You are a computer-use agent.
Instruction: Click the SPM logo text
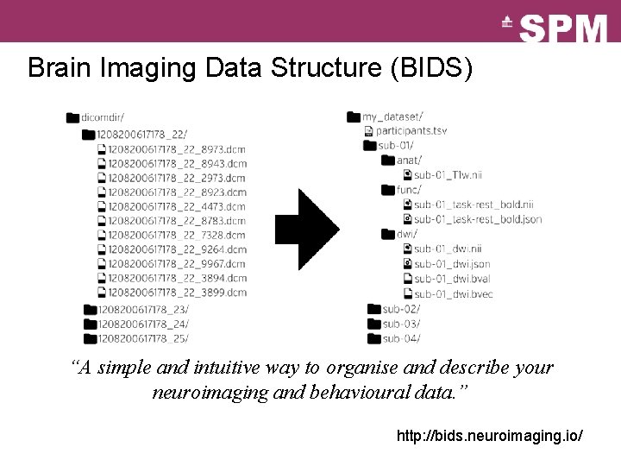tap(564, 28)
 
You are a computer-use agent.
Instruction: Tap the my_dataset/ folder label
tap(392, 116)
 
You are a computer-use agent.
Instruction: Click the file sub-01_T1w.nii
tap(447, 174)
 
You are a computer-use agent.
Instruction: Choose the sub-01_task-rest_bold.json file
tap(478, 219)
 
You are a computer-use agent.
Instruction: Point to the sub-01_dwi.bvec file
tap(454, 293)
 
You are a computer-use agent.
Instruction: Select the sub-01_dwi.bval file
tap(453, 279)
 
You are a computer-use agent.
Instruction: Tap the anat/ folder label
tap(409, 160)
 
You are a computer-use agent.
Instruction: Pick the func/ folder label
tap(409, 189)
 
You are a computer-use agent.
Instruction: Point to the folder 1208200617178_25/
tap(143, 338)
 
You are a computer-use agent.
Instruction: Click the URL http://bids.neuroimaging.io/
tap(489, 436)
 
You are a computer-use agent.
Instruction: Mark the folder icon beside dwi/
tap(387, 234)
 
